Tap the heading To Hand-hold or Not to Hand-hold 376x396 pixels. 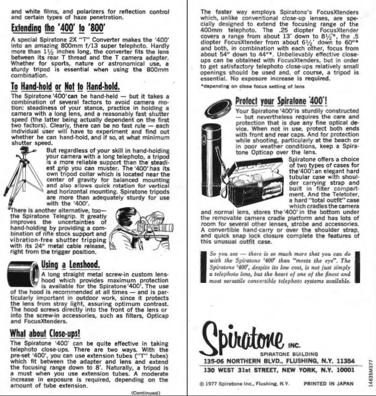65,87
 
